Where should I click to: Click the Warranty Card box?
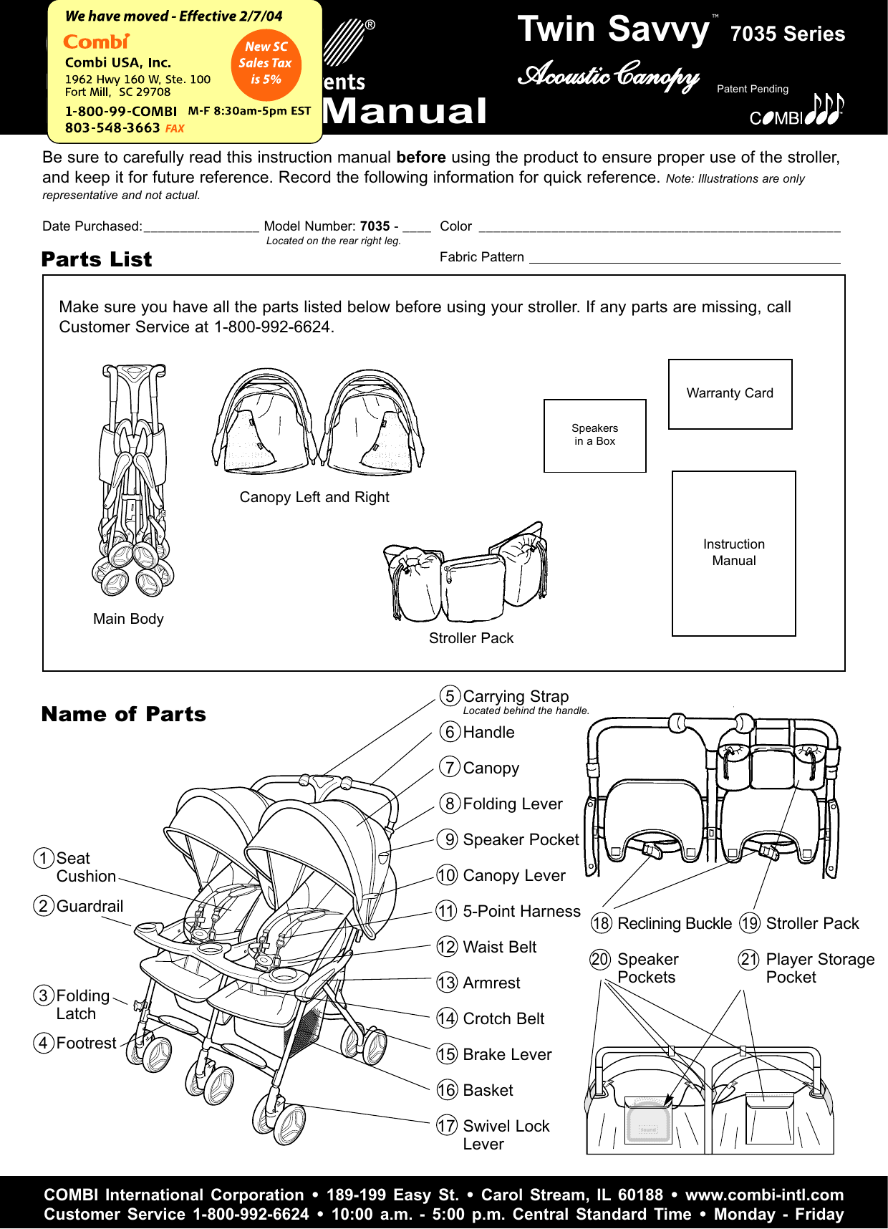click(x=730, y=394)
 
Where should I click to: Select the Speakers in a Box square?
click(x=594, y=435)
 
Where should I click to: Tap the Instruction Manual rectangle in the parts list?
click(x=733, y=553)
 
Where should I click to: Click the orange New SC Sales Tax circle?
click(x=266, y=64)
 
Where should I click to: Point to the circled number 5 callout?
click(x=450, y=696)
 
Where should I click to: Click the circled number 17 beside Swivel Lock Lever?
click(x=447, y=1126)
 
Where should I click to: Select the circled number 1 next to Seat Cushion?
click(x=44, y=858)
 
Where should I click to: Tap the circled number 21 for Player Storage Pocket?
click(x=749, y=959)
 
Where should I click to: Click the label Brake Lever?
click(x=507, y=1054)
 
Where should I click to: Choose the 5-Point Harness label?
click(x=521, y=911)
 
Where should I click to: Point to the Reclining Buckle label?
click(x=674, y=923)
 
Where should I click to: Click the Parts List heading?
click(x=97, y=259)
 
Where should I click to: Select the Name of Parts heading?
click(x=123, y=714)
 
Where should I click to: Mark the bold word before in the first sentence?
click(x=421, y=158)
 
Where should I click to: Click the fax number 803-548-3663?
click(x=112, y=127)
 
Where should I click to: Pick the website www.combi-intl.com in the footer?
click(x=764, y=1195)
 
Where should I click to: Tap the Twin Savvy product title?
click(x=613, y=30)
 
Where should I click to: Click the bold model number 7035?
click(x=375, y=226)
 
